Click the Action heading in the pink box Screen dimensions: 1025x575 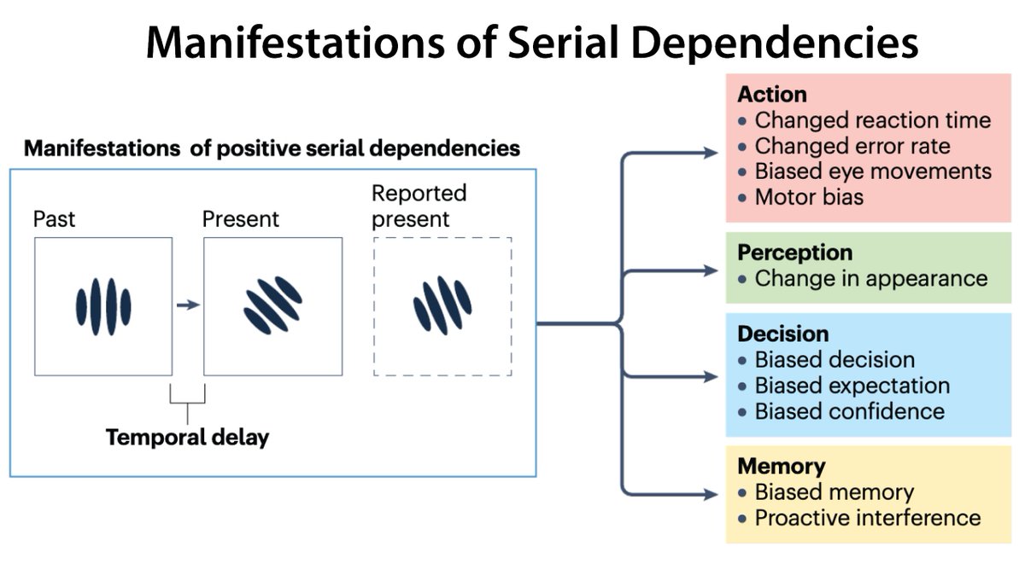point(772,95)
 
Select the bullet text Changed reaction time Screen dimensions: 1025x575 point(873,120)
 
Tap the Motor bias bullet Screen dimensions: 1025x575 point(809,197)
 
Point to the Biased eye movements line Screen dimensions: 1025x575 point(873,171)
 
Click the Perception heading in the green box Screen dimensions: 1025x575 point(795,253)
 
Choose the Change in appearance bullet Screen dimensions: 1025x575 point(871,279)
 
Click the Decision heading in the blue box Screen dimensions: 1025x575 point(783,334)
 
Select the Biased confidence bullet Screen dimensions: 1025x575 point(850,411)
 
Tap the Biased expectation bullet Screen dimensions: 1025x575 point(852,386)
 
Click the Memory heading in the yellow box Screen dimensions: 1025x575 point(782,467)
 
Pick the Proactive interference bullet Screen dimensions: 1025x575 point(868,519)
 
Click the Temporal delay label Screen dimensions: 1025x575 point(188,438)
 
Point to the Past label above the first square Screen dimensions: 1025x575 point(54,219)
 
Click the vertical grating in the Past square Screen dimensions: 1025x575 point(103,307)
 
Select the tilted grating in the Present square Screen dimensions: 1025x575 point(272,305)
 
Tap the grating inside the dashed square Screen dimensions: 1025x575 point(442,305)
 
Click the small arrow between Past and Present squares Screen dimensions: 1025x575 point(188,305)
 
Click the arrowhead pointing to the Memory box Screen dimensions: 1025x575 point(710,494)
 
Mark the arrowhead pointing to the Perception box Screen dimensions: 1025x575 point(710,271)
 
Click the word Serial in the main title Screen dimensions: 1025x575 point(564,43)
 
